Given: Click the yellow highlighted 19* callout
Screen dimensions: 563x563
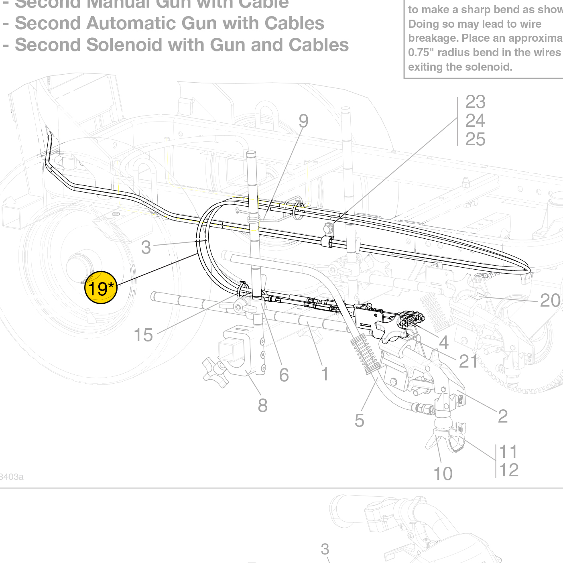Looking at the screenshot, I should pyautogui.click(x=101, y=288).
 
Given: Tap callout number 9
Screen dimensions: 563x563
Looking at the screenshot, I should pyautogui.click(x=304, y=121).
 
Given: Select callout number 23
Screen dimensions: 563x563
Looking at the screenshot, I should pyautogui.click(x=475, y=102).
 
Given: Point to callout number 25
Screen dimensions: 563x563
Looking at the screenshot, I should pyautogui.click(x=475, y=139).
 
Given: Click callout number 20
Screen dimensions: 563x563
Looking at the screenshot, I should pyautogui.click(x=550, y=300).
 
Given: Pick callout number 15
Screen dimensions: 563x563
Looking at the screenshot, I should pyautogui.click(x=143, y=335).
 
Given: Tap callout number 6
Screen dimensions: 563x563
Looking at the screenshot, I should pyautogui.click(x=284, y=375).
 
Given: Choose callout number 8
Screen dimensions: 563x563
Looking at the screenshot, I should pyautogui.click(x=263, y=405).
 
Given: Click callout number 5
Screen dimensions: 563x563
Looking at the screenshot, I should pyautogui.click(x=360, y=421).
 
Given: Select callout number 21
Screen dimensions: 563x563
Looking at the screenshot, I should pyautogui.click(x=468, y=361).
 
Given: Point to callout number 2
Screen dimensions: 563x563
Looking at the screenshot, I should pyautogui.click(x=503, y=416).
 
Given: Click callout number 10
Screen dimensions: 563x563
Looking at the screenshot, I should pyautogui.click(x=443, y=474).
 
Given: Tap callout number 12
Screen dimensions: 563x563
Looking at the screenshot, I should pyautogui.click(x=509, y=470).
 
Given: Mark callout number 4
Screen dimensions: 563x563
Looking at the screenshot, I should pyautogui.click(x=443, y=342).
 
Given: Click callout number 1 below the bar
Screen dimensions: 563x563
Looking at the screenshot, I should pyautogui.click(x=325, y=374).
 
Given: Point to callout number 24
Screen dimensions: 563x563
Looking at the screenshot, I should pyautogui.click(x=475, y=120).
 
